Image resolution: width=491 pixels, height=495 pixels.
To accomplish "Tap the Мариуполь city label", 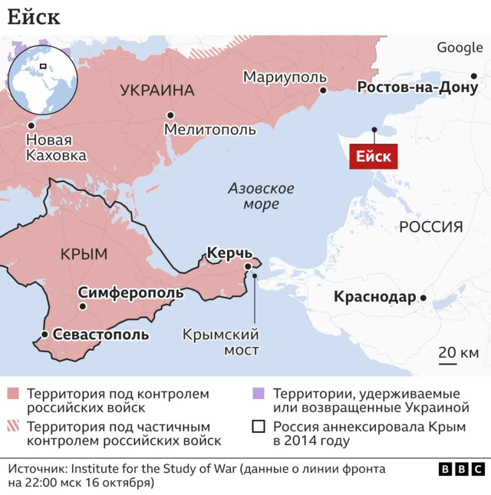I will click(x=285, y=77).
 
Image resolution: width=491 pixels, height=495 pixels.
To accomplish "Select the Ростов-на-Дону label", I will click(x=418, y=87).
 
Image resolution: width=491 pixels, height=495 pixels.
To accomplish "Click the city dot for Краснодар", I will click(x=423, y=298).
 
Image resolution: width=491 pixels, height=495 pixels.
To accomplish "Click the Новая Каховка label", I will click(x=56, y=148).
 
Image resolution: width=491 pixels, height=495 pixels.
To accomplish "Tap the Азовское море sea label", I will click(x=262, y=196).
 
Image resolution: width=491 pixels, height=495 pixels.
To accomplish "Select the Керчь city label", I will click(x=229, y=252).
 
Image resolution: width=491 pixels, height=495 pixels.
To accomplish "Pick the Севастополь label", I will click(x=101, y=335).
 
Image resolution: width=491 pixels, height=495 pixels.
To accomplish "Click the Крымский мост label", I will click(x=221, y=342).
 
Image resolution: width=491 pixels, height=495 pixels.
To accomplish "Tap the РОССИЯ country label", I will click(x=430, y=226).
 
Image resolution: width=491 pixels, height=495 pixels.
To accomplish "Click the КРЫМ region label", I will click(x=83, y=254).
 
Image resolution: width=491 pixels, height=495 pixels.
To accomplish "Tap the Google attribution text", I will click(x=460, y=48).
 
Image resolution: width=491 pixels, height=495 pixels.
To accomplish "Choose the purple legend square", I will click(x=258, y=394).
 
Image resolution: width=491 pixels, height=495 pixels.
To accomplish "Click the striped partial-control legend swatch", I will click(x=12, y=427).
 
